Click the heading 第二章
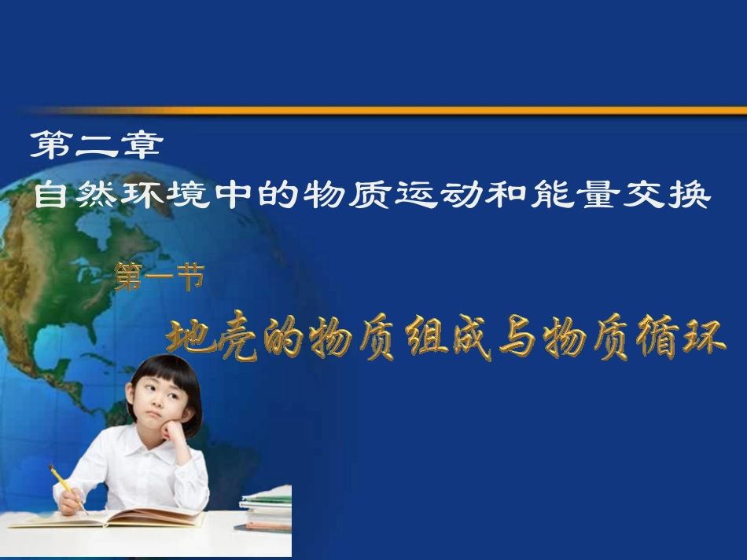point(97,146)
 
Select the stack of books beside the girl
point(266,511)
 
